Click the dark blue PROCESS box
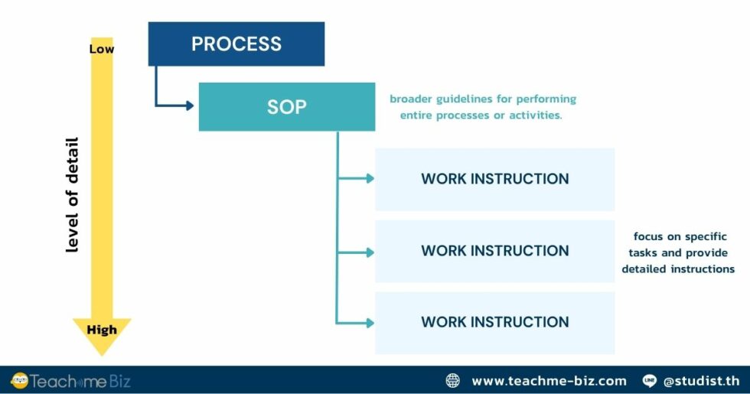[x=236, y=44]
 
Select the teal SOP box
[x=286, y=106]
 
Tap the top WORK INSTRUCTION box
[x=494, y=179]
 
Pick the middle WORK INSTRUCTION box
[x=494, y=251]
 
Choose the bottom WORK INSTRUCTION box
[x=494, y=322]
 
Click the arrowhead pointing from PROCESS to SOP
[x=189, y=106]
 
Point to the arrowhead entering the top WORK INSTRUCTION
[x=370, y=178]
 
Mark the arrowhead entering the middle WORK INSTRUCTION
[x=370, y=251]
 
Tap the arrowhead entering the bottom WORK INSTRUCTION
[x=370, y=323]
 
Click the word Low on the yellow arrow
[x=102, y=49]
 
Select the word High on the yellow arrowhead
[x=102, y=330]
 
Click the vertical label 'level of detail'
[x=72, y=195]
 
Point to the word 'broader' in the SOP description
[x=412, y=99]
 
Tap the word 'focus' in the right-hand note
[x=648, y=236]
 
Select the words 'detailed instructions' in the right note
[x=678, y=269]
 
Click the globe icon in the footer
[x=453, y=380]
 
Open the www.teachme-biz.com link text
[x=549, y=380]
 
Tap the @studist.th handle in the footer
[x=701, y=380]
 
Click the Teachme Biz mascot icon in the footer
[x=19, y=380]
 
